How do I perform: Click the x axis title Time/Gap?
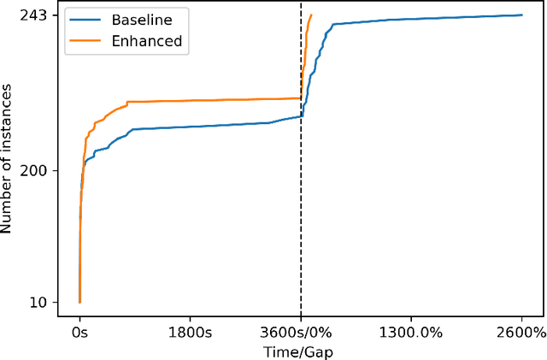coord(301,351)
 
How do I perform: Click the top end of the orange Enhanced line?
coord(311,15)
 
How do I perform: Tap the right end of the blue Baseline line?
coord(522,15)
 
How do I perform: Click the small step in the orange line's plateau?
coord(127,103)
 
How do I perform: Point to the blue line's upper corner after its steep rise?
coord(332,24)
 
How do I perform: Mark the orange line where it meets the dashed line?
coord(301,97)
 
